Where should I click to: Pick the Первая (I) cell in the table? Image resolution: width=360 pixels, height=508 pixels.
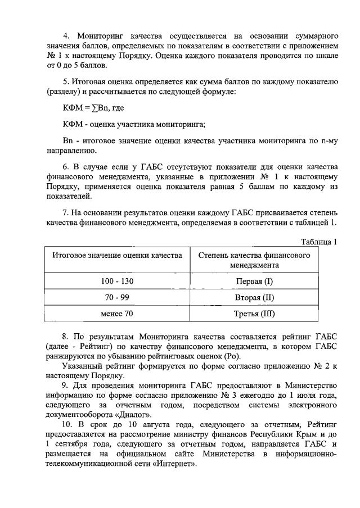pyautogui.click(x=254, y=280)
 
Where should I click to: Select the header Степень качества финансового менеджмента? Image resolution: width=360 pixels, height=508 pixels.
pyautogui.click(x=254, y=260)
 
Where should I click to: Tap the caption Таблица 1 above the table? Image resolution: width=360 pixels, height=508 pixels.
pyautogui.click(x=318, y=242)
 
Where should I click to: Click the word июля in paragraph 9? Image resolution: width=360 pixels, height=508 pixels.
pyautogui.click(x=312, y=393)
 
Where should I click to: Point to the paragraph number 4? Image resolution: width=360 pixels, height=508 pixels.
pyautogui.click(x=65, y=27)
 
